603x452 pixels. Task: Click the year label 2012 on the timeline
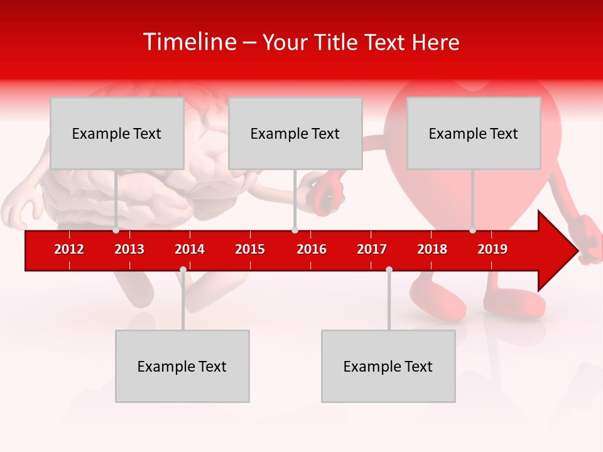(69, 249)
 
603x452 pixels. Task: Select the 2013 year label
(129, 249)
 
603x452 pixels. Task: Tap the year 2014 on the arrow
(190, 249)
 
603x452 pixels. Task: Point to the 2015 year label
(250, 249)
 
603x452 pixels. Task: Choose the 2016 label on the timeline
(312, 249)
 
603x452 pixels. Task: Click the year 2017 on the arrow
(372, 249)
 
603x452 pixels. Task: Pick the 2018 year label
(432, 249)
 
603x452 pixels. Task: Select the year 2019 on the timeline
(492, 249)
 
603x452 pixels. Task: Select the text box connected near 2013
(117, 133)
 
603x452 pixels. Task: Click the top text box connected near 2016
(295, 133)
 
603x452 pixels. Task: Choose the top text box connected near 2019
(474, 133)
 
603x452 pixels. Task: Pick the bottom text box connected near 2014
(182, 366)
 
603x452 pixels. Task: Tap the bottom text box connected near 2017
(388, 366)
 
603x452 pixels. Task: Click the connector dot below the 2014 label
(183, 269)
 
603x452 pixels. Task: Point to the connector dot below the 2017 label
(389, 269)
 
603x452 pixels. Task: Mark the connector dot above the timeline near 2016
(295, 230)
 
